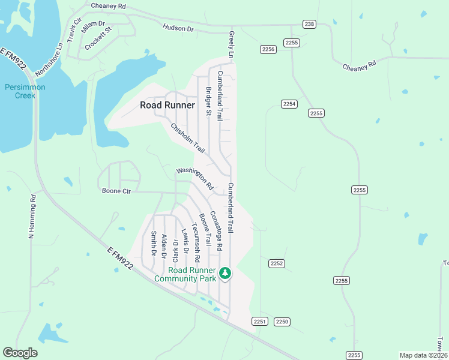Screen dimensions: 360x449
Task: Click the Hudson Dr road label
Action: pos(178,28)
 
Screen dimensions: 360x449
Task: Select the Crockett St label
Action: pos(98,38)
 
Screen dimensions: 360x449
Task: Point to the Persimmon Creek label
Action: pos(25,91)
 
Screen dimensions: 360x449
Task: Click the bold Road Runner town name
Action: pos(167,105)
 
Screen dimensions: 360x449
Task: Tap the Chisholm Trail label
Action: pos(188,137)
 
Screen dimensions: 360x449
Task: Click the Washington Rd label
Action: pos(194,179)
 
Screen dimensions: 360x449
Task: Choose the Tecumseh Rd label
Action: pos(196,243)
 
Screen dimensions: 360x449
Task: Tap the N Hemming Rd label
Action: pos(31,217)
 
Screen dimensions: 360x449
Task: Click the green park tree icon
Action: pos(225,274)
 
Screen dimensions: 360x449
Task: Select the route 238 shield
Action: pos(309,24)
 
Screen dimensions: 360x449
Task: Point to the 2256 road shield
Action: pos(268,49)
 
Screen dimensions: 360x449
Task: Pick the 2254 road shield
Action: pos(289,104)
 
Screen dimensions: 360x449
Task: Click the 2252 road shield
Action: pos(277,263)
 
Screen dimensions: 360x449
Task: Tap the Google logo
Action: pos(20,353)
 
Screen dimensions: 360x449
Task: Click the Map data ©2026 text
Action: pos(423,355)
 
